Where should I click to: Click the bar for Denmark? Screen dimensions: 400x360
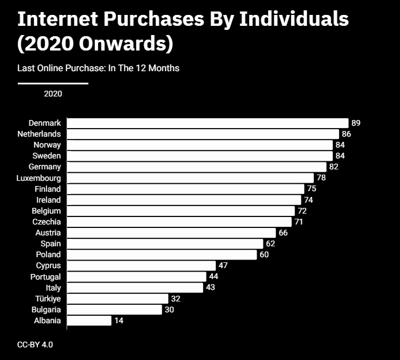point(208,123)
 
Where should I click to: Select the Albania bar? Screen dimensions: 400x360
point(90,320)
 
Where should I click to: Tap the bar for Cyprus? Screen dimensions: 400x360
point(141,266)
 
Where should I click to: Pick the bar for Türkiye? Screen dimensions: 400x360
point(118,299)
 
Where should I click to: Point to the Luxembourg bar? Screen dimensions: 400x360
point(191,178)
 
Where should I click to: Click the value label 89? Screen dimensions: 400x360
point(356,123)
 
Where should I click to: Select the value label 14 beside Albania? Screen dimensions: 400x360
point(119,320)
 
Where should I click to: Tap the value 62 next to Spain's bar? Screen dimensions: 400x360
point(270,243)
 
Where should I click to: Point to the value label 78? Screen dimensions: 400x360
point(321,177)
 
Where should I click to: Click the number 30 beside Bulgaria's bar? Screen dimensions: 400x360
point(169,309)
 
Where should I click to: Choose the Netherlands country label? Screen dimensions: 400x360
point(39,134)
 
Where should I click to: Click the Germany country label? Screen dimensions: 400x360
point(45,167)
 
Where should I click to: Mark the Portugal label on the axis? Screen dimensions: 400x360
point(46,277)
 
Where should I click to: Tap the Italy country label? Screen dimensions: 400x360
point(53,288)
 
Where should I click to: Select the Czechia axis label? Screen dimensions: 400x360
point(46,222)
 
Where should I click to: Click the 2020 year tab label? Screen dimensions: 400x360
point(53,94)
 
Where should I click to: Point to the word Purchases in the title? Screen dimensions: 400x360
point(154,19)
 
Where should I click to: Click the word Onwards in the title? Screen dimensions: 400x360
point(123,44)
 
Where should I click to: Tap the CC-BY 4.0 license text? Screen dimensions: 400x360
point(35,344)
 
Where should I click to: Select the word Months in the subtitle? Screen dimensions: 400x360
point(164,68)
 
